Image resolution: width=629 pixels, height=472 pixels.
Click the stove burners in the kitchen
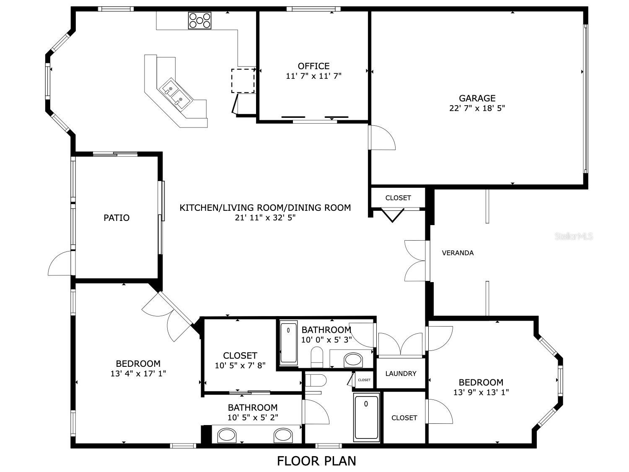pos(200,21)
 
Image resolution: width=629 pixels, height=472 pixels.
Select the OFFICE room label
pos(313,66)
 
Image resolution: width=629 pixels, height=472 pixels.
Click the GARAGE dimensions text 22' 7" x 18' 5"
pos(477,108)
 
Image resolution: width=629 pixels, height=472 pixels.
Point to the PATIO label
pos(116,218)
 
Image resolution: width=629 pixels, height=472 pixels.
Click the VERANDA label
pos(458,253)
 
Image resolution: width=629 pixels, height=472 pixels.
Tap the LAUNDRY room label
pos(401,373)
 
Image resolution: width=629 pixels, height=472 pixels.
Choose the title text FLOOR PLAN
pos(316,461)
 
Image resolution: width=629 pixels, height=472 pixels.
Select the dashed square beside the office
pos(243,80)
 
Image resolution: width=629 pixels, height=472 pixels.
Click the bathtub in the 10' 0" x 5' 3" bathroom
pos(288,342)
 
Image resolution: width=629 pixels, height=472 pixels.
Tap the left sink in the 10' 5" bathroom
pos(227,435)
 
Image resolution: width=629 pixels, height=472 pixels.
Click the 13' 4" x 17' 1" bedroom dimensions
pos(138,373)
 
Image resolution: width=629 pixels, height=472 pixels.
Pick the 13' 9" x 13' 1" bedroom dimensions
pos(481,393)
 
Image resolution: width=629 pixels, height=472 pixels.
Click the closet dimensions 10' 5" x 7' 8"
pos(240,366)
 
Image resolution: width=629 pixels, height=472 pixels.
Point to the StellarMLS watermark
pos(574,236)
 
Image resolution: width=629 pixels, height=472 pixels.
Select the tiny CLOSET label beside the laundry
pos(364,380)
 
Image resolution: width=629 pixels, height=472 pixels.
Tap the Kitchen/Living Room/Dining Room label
pos(265,207)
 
